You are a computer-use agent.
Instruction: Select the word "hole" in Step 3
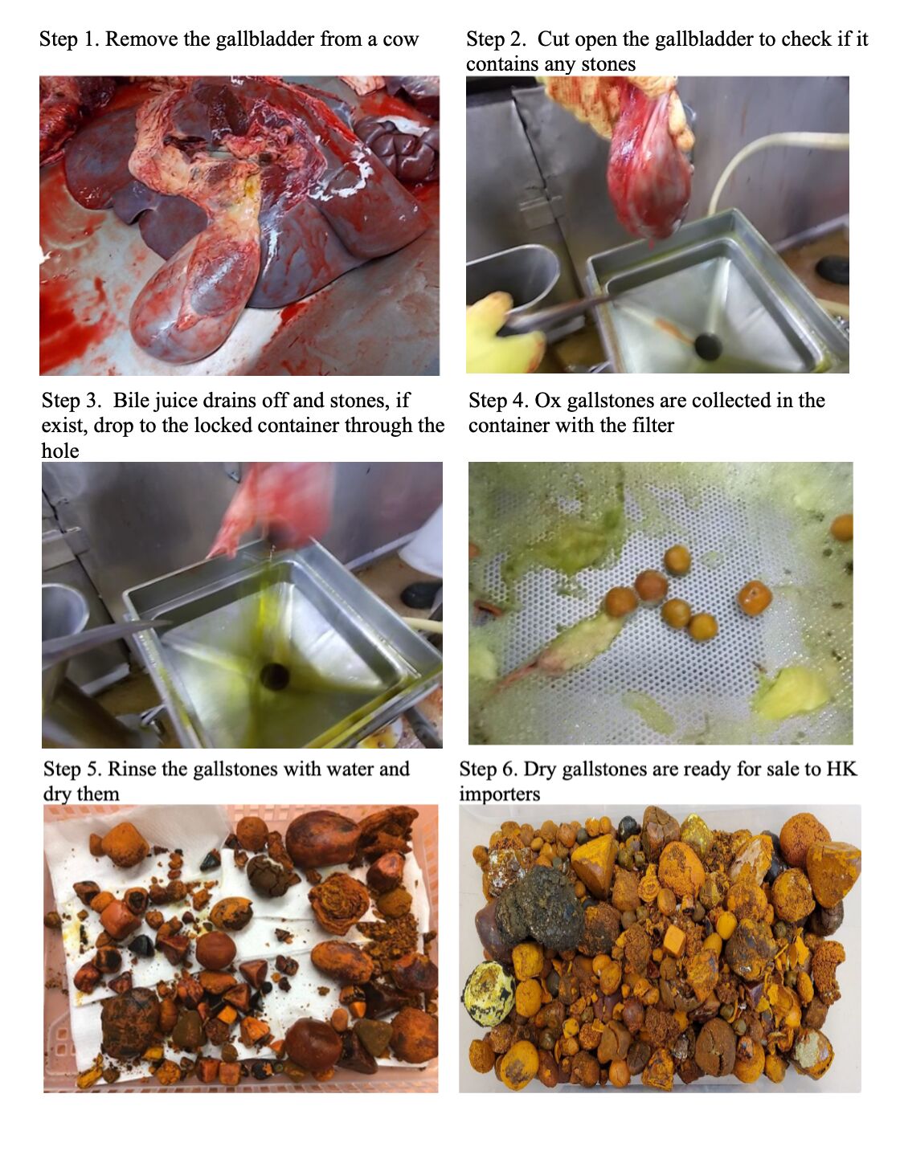60,451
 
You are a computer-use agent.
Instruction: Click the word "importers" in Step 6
500,794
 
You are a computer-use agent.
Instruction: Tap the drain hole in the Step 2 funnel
709,346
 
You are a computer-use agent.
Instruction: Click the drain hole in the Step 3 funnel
275,676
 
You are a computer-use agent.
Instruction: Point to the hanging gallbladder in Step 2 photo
648,160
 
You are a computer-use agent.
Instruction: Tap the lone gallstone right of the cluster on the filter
755,598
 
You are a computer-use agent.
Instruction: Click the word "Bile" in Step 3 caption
131,400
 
